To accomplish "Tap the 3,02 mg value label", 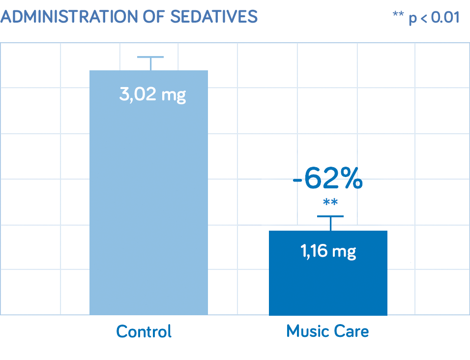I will coord(152,94).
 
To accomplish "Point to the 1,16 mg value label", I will coord(328,251).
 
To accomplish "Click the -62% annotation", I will coord(328,179).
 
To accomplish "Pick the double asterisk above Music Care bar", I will coord(330,203).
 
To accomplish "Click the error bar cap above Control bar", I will coord(150,57).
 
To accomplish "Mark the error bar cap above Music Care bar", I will coord(330,216).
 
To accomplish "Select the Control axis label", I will coord(144,331).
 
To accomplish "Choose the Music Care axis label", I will coord(327,331).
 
